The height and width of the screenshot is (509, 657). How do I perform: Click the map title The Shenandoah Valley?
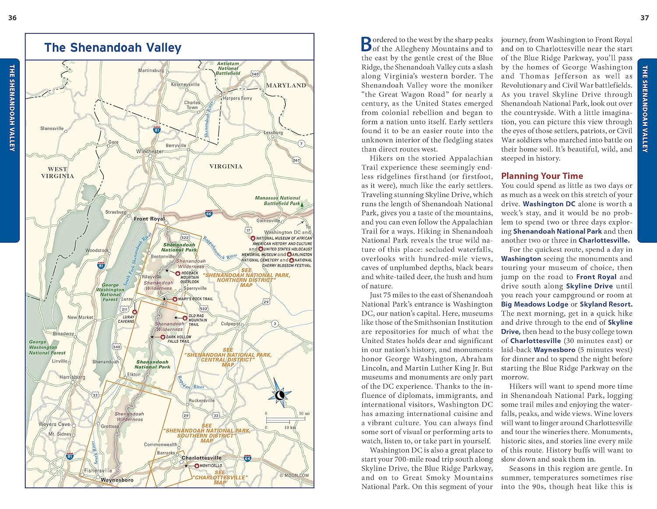click(x=113, y=47)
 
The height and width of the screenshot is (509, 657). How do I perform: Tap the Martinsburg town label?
click(x=151, y=70)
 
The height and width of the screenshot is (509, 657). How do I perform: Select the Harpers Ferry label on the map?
click(x=237, y=98)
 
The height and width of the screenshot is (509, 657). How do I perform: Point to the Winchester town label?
click(x=150, y=151)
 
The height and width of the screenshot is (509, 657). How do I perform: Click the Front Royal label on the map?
click(x=149, y=218)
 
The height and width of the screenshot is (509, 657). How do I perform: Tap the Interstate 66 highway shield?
click(x=209, y=214)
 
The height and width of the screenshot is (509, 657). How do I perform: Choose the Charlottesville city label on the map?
click(x=201, y=458)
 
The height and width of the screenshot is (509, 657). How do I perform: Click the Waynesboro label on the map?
click(x=117, y=480)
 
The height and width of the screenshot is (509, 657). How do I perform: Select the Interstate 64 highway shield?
click(x=247, y=458)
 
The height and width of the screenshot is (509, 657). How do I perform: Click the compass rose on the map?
click(x=279, y=395)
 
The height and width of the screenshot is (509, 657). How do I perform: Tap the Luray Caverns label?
click(x=126, y=319)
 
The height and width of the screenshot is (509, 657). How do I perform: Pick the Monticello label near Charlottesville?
click(x=211, y=466)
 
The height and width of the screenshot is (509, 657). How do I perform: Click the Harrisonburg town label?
click(x=72, y=377)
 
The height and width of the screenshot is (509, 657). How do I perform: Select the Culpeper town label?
click(x=230, y=324)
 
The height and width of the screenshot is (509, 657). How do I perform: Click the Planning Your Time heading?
click(x=542, y=176)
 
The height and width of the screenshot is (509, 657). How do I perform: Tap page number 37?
click(x=644, y=18)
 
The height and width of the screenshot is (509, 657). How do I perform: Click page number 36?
click(x=12, y=18)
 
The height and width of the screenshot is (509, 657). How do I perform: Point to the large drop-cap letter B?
click(x=366, y=44)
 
